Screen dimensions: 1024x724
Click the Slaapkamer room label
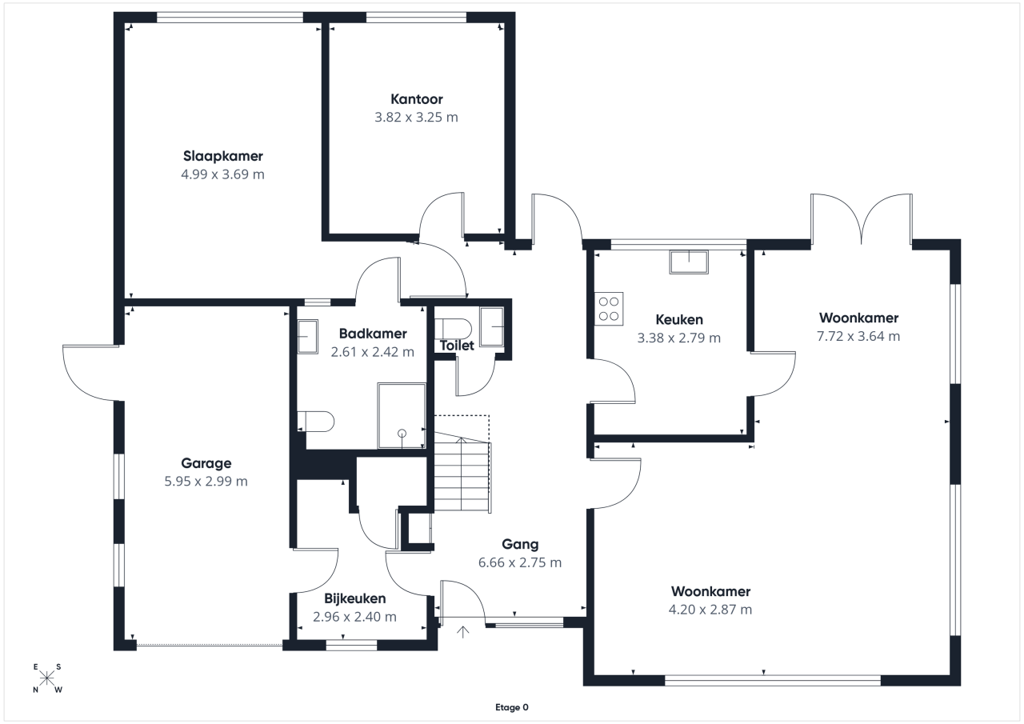coord(223,156)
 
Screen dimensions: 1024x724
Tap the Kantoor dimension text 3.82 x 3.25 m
coord(416,118)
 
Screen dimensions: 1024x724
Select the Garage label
coord(206,463)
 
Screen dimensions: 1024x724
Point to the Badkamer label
coord(373,334)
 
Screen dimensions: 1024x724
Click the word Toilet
coord(457,346)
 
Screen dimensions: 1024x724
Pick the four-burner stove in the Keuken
coord(609,309)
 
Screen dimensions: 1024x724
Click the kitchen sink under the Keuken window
coord(689,262)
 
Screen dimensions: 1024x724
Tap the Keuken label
coord(679,319)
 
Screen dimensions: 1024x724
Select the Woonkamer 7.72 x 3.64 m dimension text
coord(858,337)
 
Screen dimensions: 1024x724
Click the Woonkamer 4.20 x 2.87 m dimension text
coord(710,610)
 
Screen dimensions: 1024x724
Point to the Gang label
coord(520,544)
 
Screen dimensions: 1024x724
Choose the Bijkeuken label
coord(354,598)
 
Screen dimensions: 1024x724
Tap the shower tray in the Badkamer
coord(402,416)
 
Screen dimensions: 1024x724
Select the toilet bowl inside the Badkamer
coord(315,422)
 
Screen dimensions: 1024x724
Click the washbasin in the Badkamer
coord(308,337)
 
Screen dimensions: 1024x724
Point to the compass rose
coord(47,678)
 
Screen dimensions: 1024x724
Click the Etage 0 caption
coord(511,707)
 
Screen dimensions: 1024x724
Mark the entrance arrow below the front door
coord(463,632)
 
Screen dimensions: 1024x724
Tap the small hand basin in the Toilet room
coord(492,327)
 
